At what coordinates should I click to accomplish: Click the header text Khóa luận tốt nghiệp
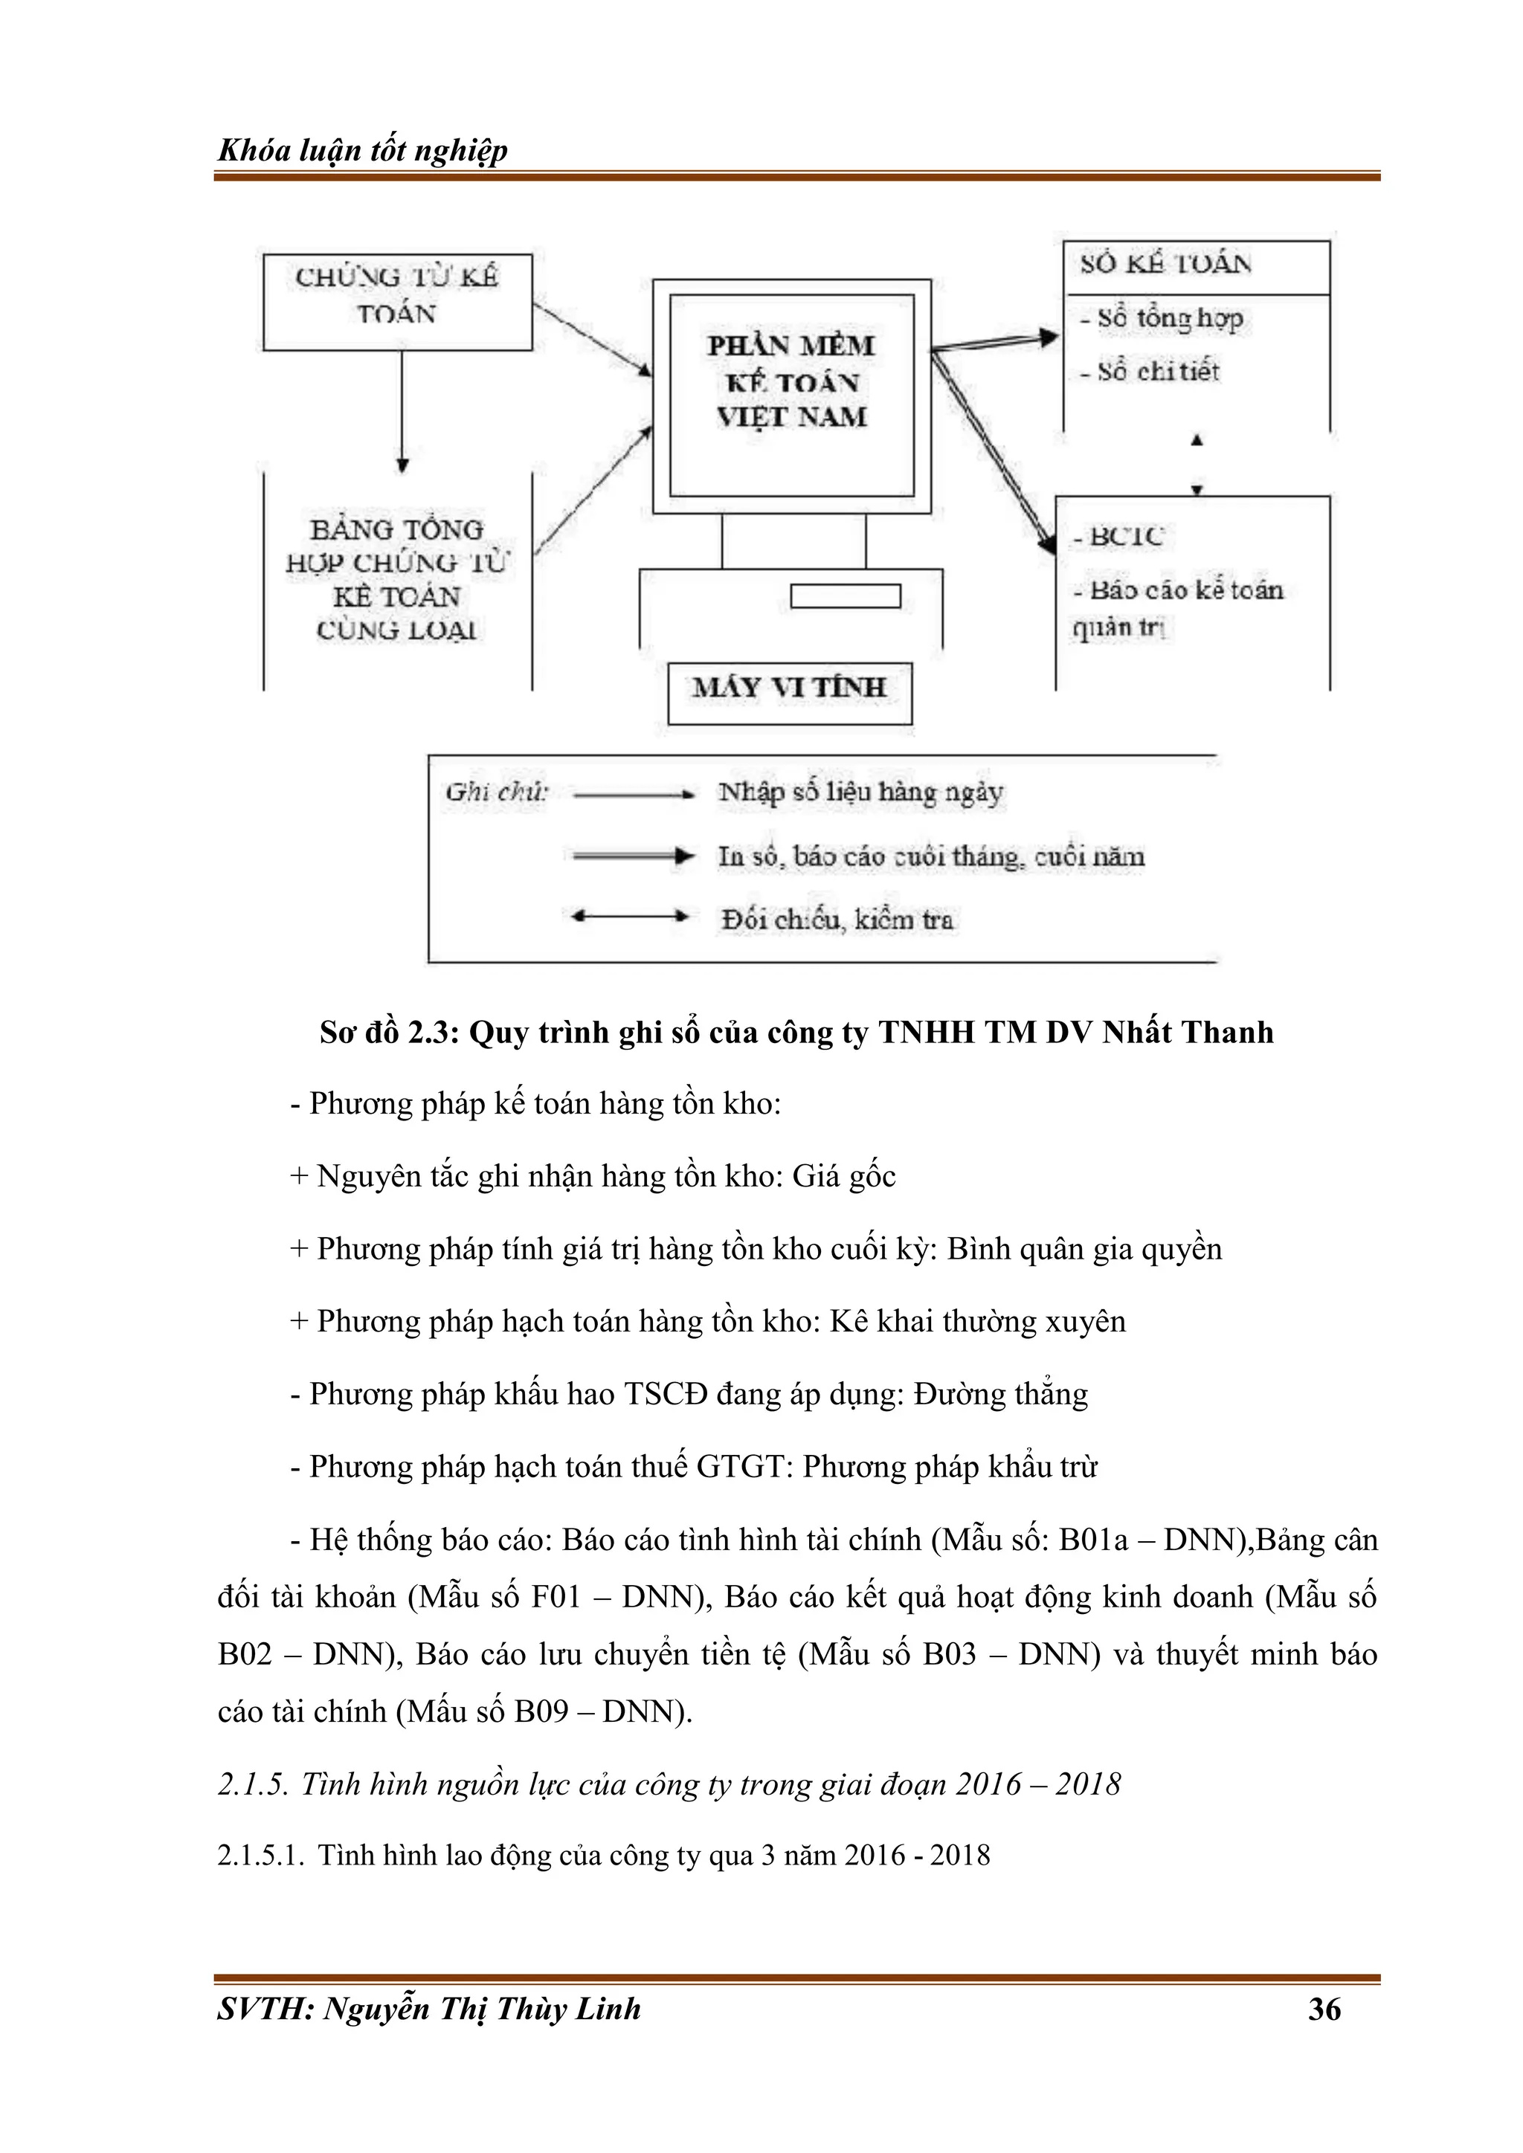coord(362,150)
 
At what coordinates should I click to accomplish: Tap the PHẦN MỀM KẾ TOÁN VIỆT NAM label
coord(791,381)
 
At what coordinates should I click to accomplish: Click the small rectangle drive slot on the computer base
coord(845,596)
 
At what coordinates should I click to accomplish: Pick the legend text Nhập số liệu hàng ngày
coord(860,793)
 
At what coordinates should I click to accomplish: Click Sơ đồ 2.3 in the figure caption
coord(388,1033)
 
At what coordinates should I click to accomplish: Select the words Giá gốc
coord(844,1176)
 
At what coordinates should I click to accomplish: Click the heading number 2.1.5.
coord(251,1784)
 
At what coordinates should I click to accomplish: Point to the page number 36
coord(1324,2009)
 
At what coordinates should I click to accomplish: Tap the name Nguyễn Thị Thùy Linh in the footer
coord(482,2009)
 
